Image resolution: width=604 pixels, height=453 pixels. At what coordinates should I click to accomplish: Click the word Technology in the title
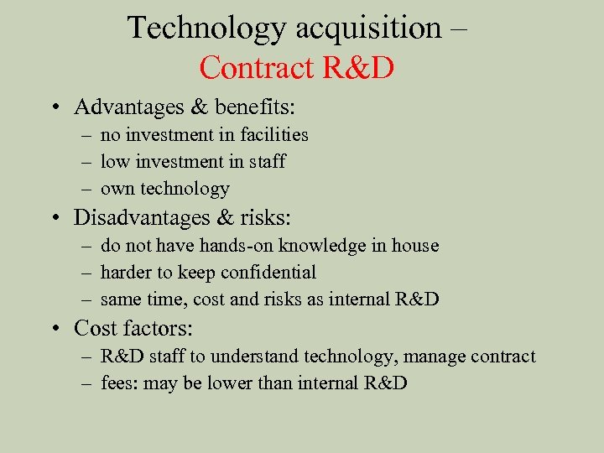pyautogui.click(x=206, y=28)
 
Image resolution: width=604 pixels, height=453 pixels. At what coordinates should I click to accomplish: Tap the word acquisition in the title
pyautogui.click(x=368, y=28)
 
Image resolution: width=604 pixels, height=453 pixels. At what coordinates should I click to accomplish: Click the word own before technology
pyautogui.click(x=117, y=189)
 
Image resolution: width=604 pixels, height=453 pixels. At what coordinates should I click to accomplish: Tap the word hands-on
pyautogui.click(x=238, y=245)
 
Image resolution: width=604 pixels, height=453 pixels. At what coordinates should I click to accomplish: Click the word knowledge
pyautogui.click(x=326, y=245)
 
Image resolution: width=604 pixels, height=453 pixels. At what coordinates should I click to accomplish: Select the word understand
pyautogui.click(x=251, y=356)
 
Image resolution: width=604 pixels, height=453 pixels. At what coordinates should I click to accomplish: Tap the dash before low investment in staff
pyautogui.click(x=88, y=161)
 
